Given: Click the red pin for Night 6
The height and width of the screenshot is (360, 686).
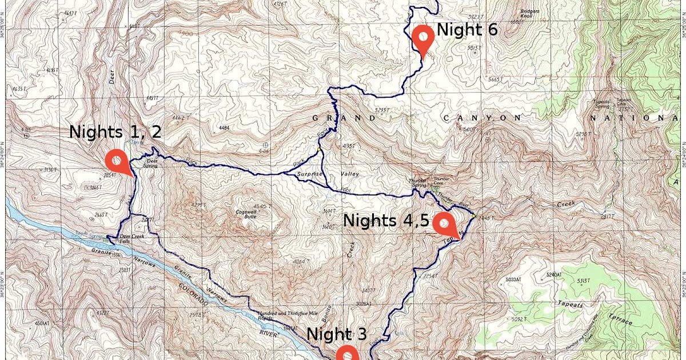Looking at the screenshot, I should (x=423, y=37).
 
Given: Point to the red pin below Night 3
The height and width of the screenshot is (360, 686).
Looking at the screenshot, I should (x=347, y=354).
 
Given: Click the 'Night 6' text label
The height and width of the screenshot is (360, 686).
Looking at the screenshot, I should (x=467, y=30).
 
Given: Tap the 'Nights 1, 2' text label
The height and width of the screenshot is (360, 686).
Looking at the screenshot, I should (x=115, y=132).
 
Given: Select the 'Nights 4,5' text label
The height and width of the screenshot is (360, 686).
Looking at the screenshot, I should (x=386, y=221).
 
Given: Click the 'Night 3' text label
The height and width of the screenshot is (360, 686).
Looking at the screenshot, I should (x=337, y=334).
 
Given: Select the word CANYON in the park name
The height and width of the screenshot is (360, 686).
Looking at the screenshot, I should (x=482, y=118).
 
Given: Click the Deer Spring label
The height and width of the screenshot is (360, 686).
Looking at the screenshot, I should (x=152, y=162).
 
